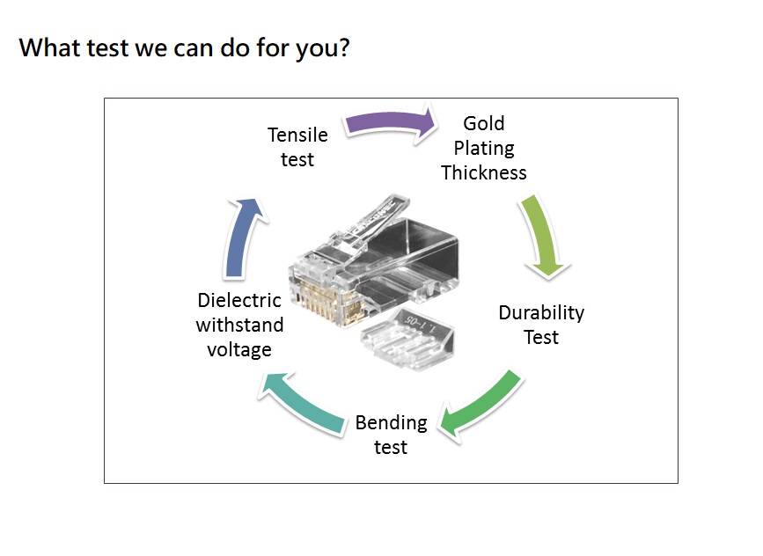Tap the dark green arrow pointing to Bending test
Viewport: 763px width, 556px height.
[482, 405]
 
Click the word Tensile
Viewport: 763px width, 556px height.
[297, 135]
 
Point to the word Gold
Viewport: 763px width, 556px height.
[484, 123]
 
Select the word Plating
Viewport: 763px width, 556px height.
[484, 148]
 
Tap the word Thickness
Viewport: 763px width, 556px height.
[484, 172]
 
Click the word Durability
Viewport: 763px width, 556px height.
[541, 312]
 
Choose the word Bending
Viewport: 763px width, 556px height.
[391, 423]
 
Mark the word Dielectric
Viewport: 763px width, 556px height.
[239, 300]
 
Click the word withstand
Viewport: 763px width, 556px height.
[239, 325]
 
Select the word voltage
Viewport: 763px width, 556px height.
[239, 349]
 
